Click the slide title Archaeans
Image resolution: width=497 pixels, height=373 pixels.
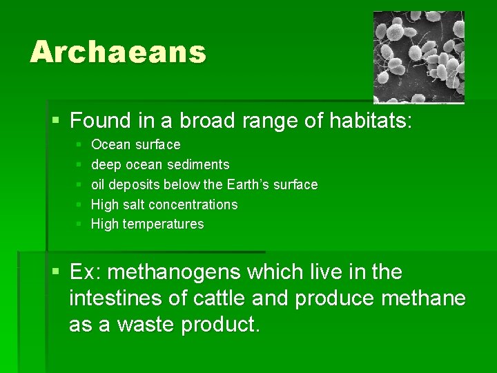118,52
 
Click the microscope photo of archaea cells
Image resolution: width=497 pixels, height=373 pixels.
419,57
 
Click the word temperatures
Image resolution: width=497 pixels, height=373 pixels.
163,224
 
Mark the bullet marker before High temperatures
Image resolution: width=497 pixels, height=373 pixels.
79,224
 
